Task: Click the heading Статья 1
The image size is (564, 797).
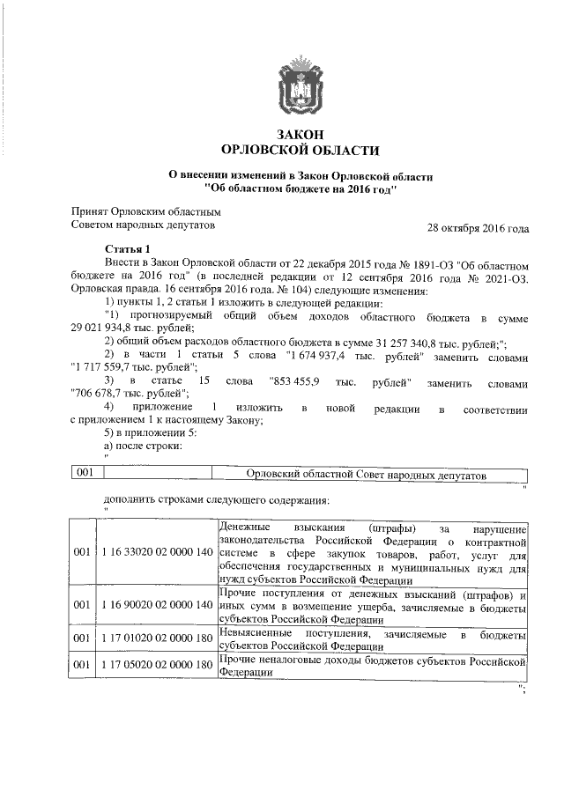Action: click(128, 249)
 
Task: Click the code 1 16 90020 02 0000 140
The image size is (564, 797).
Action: click(156, 606)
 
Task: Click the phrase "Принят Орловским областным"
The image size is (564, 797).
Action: click(145, 212)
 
